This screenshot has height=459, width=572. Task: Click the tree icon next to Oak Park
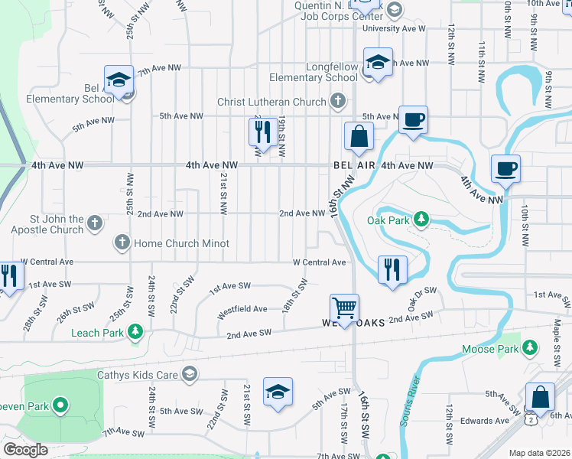tap(421, 220)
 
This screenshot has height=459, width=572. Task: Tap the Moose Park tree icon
tap(529, 349)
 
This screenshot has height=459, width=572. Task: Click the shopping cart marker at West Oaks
tap(345, 308)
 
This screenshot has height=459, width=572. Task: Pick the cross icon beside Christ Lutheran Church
tap(337, 101)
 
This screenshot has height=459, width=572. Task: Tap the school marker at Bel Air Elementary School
tap(119, 80)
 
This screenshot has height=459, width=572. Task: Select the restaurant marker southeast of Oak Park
tap(392, 269)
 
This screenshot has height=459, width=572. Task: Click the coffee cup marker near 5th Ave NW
tap(413, 119)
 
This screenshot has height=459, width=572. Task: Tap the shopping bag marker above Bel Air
tap(359, 137)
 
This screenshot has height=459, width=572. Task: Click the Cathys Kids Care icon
tap(190, 374)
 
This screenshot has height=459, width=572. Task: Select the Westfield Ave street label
tap(242, 309)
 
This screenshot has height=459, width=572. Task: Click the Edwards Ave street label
tap(485, 420)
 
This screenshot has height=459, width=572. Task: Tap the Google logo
tap(25, 450)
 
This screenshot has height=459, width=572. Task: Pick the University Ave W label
tap(394, 28)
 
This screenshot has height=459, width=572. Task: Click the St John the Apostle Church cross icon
tap(94, 223)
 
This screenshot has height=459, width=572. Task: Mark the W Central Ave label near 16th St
tap(320, 262)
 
